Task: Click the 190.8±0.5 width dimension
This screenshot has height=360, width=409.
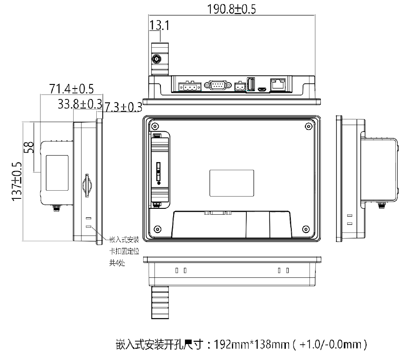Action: [231, 9]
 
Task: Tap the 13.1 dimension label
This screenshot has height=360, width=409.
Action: [159, 25]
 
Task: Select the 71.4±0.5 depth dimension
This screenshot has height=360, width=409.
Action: [71, 89]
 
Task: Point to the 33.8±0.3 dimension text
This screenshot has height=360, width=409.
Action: [80, 104]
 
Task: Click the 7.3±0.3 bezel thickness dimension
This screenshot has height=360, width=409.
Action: [123, 107]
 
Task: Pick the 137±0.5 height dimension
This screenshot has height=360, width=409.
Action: [17, 181]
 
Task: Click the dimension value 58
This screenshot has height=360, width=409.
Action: [29, 148]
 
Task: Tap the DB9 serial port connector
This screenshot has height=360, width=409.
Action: [218, 85]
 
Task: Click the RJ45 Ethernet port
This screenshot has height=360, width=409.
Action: [278, 84]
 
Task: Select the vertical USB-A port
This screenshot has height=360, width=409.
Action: [251, 84]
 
